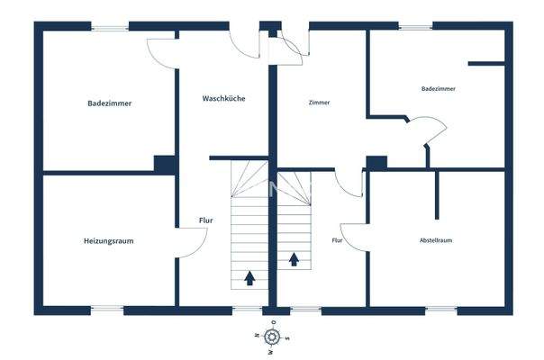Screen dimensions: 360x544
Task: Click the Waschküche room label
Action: (224, 98)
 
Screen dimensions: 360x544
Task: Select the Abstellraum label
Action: (435, 241)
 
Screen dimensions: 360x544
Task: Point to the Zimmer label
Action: (319, 103)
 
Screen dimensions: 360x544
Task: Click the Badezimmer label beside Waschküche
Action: (110, 103)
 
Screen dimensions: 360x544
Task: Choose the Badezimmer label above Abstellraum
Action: (438, 89)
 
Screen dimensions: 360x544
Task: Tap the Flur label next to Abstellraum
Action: (337, 241)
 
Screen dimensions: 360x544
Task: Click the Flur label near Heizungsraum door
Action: (205, 220)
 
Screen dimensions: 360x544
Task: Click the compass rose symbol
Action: (271, 337)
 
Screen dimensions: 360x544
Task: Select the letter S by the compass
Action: (286, 338)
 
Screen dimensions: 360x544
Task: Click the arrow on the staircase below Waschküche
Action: (249, 277)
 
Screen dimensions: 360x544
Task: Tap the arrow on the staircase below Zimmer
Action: (294, 260)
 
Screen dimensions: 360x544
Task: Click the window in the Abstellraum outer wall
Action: (440, 310)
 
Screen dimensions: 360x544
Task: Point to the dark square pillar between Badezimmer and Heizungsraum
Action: (164, 164)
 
